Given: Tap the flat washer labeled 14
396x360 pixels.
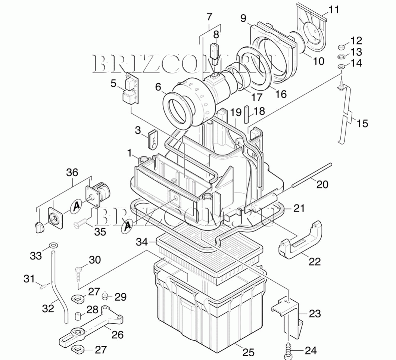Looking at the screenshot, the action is tap(341, 66).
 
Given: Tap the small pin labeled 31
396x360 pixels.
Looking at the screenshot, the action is tap(43, 286).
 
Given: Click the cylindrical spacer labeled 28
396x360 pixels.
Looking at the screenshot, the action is tap(78, 316).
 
